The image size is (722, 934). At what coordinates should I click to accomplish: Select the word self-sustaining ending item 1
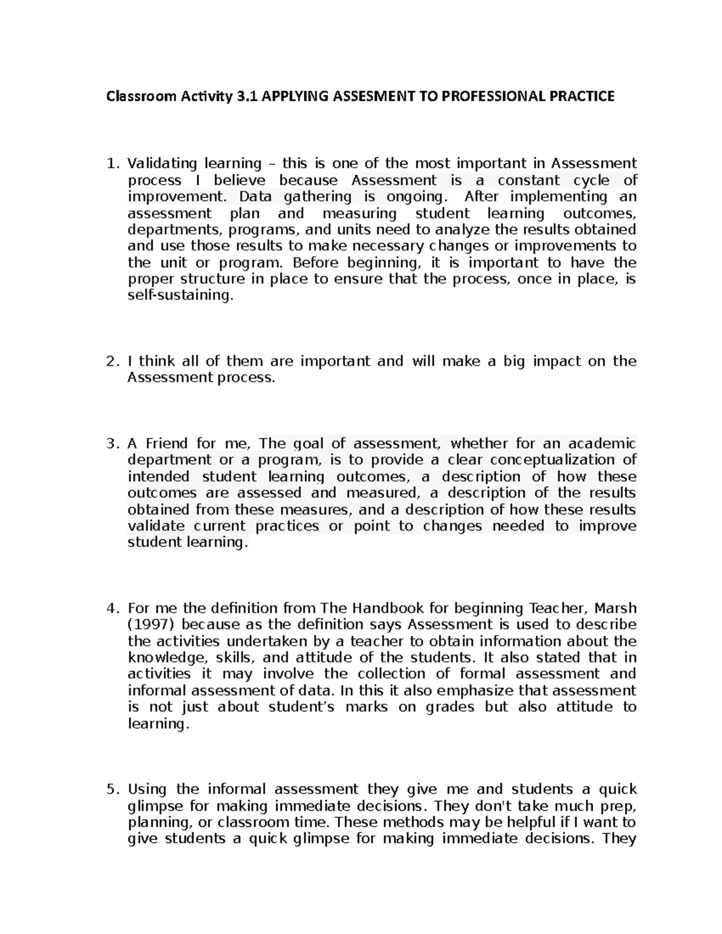(179, 295)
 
